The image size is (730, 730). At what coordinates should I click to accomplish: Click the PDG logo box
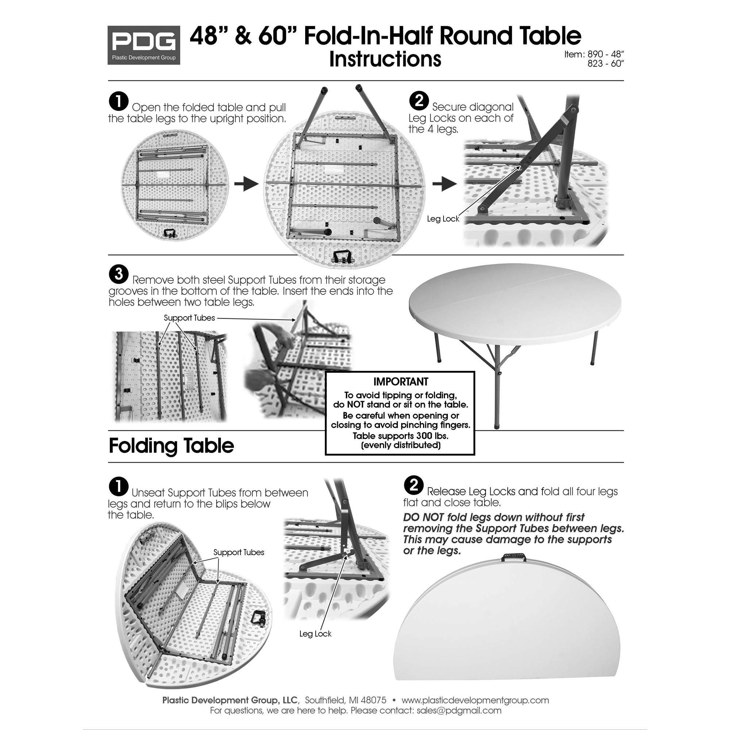click(143, 45)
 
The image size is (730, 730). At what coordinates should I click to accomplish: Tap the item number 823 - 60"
click(605, 64)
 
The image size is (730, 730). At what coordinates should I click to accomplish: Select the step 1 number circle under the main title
click(119, 102)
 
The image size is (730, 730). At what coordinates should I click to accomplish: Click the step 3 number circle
click(119, 274)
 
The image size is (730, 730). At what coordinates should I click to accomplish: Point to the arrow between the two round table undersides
click(246, 184)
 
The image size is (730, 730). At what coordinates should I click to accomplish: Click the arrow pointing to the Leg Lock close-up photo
click(444, 184)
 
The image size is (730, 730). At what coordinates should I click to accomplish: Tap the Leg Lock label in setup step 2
click(442, 219)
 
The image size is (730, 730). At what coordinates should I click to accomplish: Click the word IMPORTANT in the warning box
click(400, 382)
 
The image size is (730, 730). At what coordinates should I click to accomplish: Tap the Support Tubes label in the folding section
click(238, 552)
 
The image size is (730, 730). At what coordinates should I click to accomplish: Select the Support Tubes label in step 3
click(189, 318)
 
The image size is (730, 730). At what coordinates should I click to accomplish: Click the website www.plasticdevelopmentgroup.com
click(475, 700)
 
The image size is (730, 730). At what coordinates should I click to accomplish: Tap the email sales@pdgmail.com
click(459, 710)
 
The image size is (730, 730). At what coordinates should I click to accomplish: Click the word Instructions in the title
click(385, 59)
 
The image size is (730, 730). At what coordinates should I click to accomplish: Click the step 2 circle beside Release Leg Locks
click(414, 485)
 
